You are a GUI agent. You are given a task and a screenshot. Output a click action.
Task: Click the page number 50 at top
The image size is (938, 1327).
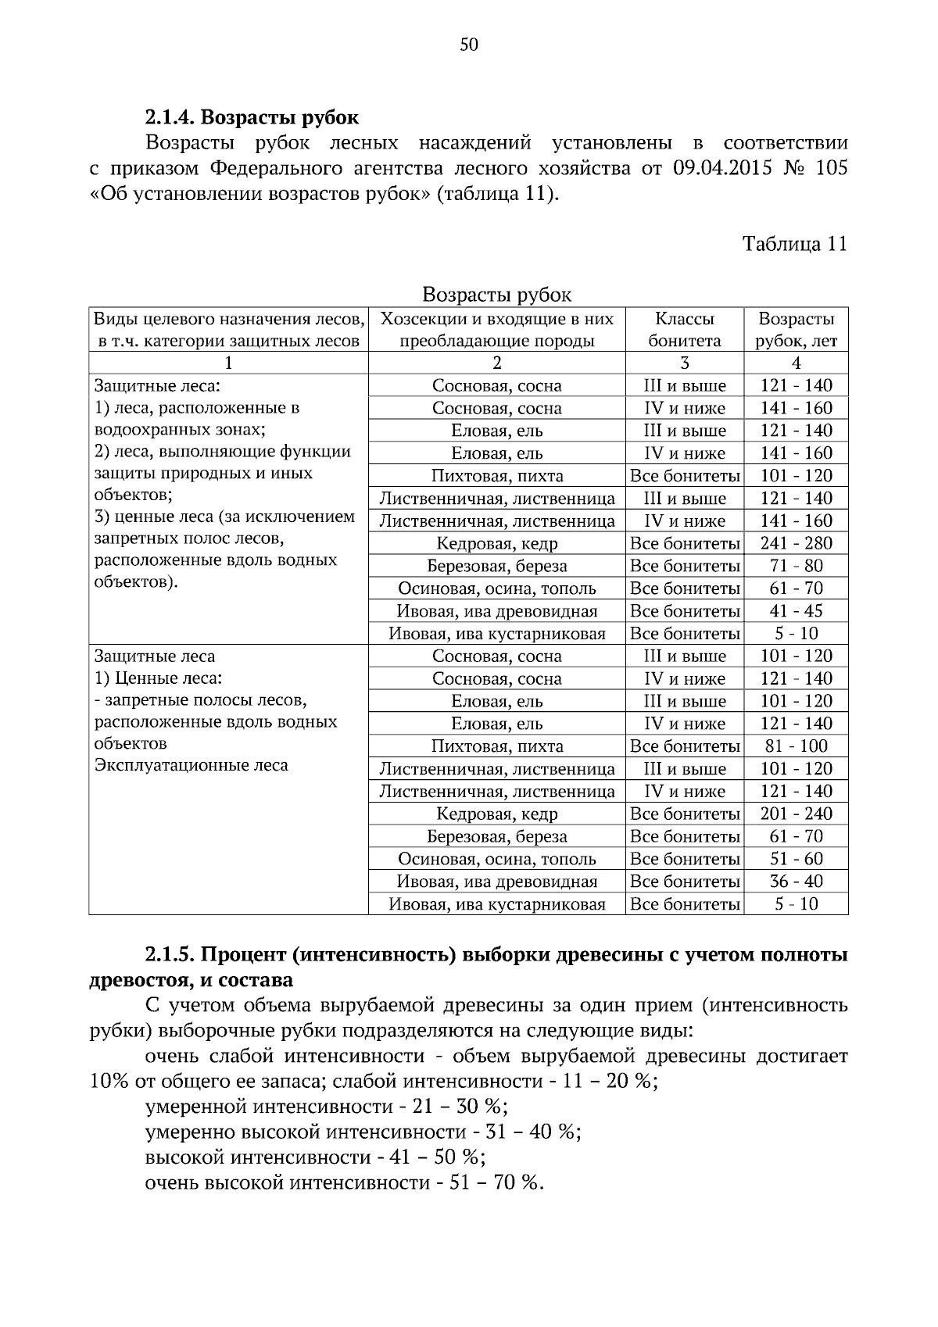point(468,45)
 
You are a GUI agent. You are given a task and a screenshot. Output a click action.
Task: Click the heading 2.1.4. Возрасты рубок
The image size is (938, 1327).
point(252,117)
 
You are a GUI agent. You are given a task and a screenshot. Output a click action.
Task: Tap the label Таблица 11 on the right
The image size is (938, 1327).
point(795,244)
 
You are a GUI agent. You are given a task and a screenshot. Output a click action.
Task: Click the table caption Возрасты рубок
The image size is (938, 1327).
point(497,295)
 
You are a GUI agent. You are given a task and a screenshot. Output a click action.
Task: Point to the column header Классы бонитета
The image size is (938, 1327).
point(684,330)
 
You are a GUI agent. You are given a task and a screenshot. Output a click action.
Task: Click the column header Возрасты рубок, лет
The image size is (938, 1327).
point(796,330)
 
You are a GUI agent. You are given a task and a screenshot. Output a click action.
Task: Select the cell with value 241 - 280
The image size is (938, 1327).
point(796,543)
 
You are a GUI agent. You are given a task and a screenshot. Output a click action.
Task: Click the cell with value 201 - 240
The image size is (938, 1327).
point(796,814)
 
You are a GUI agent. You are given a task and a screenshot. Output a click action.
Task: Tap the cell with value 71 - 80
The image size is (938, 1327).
point(796,566)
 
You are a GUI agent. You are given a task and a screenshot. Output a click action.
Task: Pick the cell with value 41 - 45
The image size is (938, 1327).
point(796,611)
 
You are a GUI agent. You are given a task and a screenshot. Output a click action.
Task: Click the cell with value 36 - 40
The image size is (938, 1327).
point(796,882)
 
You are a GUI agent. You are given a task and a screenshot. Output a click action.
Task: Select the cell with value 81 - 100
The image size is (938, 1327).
point(796,746)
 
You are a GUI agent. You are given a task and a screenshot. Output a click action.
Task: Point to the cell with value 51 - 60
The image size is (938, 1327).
point(796,859)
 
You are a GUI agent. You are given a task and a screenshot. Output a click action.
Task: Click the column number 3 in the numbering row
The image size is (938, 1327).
point(685,363)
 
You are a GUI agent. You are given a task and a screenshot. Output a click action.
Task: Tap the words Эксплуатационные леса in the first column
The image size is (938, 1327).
point(192,765)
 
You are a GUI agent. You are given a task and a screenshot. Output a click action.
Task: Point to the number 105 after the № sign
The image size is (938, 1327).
point(831,169)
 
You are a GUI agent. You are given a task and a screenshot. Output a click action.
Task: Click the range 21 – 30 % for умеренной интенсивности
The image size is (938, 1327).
point(455,1107)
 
